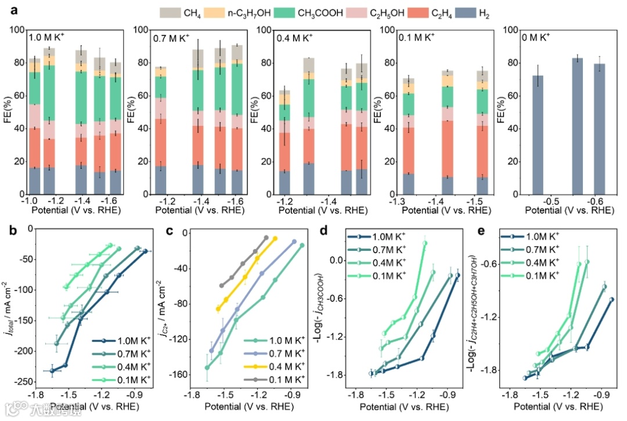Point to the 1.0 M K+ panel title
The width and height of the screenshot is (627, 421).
coord(49,38)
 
